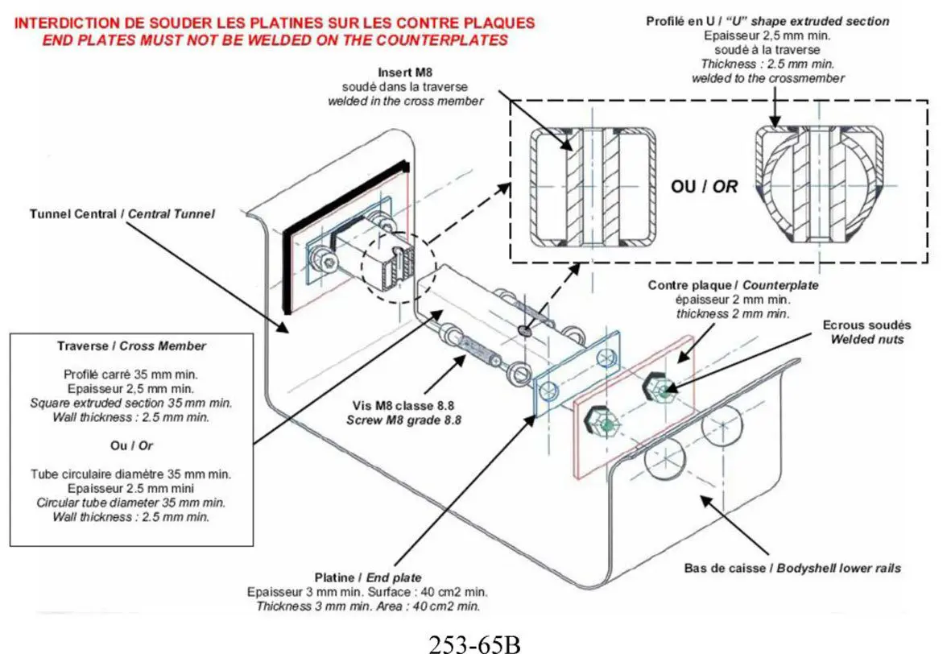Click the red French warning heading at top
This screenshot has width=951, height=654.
(x=274, y=23)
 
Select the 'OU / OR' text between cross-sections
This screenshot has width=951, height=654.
(x=704, y=186)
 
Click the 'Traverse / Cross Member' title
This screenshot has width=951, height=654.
(x=131, y=346)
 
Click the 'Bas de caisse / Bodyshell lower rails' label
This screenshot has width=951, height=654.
(x=792, y=569)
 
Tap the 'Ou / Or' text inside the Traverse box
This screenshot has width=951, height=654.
(x=131, y=446)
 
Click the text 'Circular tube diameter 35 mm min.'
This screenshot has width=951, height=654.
(x=131, y=503)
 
